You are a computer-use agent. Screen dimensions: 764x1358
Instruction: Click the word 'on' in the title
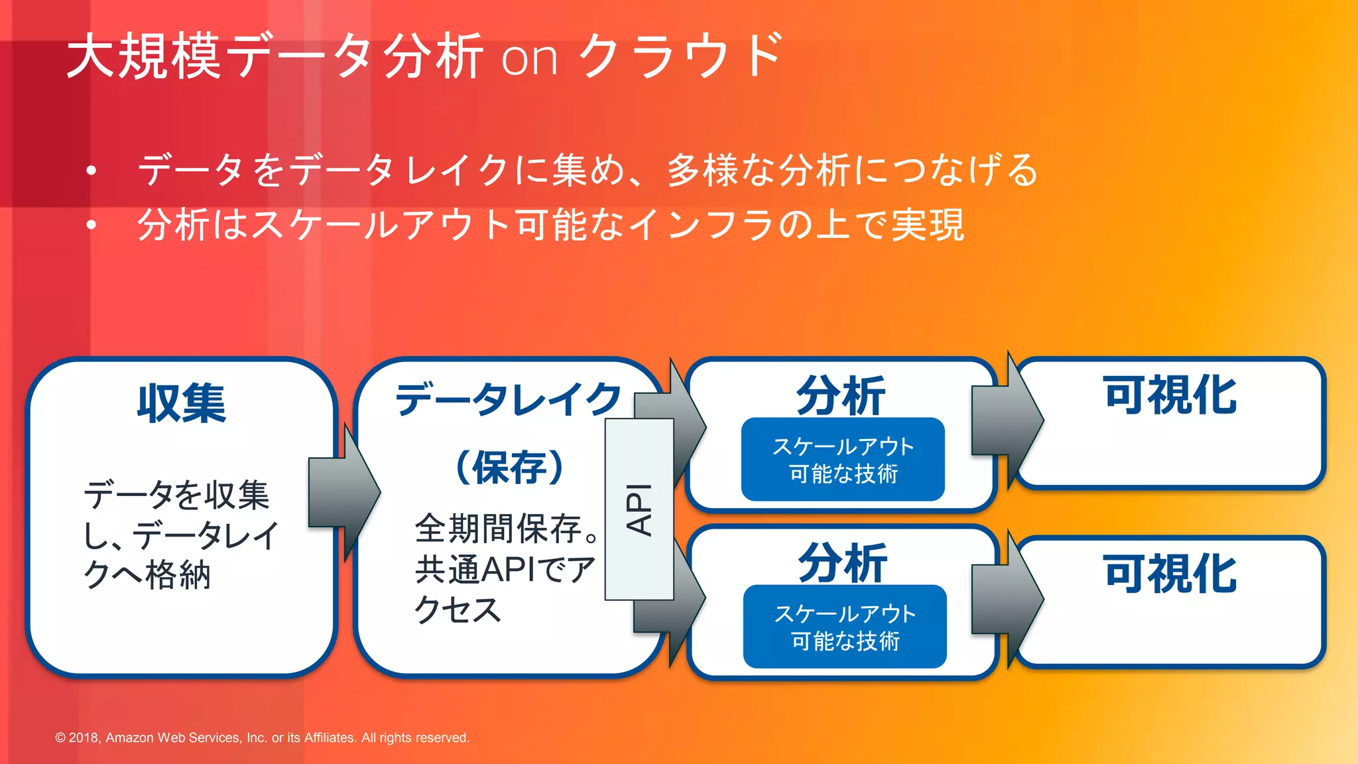tap(528, 58)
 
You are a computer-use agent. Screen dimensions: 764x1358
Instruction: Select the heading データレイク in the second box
tap(509, 399)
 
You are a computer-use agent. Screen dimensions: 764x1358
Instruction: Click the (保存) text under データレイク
tap(509, 467)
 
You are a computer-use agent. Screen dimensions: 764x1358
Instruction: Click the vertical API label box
tap(639, 509)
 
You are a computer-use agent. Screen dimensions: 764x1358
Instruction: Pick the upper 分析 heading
tap(841, 396)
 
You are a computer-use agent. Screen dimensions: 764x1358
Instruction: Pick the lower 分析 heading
tap(842, 563)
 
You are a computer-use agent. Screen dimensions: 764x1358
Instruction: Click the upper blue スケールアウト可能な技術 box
tap(843, 460)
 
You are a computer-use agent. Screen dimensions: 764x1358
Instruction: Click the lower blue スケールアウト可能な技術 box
tap(845, 627)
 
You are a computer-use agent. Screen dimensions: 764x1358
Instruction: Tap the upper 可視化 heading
tap(1170, 395)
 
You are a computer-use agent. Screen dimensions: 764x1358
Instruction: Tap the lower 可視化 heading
tap(1170, 574)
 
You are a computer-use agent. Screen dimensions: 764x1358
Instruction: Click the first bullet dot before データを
tap(92, 171)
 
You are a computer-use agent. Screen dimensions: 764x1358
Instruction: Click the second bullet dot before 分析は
tap(92, 225)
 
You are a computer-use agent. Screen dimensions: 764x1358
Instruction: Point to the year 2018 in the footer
tap(84, 737)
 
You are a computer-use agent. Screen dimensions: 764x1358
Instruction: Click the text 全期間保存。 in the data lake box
tap(507, 529)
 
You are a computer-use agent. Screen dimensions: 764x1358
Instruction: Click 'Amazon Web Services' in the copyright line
tap(172, 737)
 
